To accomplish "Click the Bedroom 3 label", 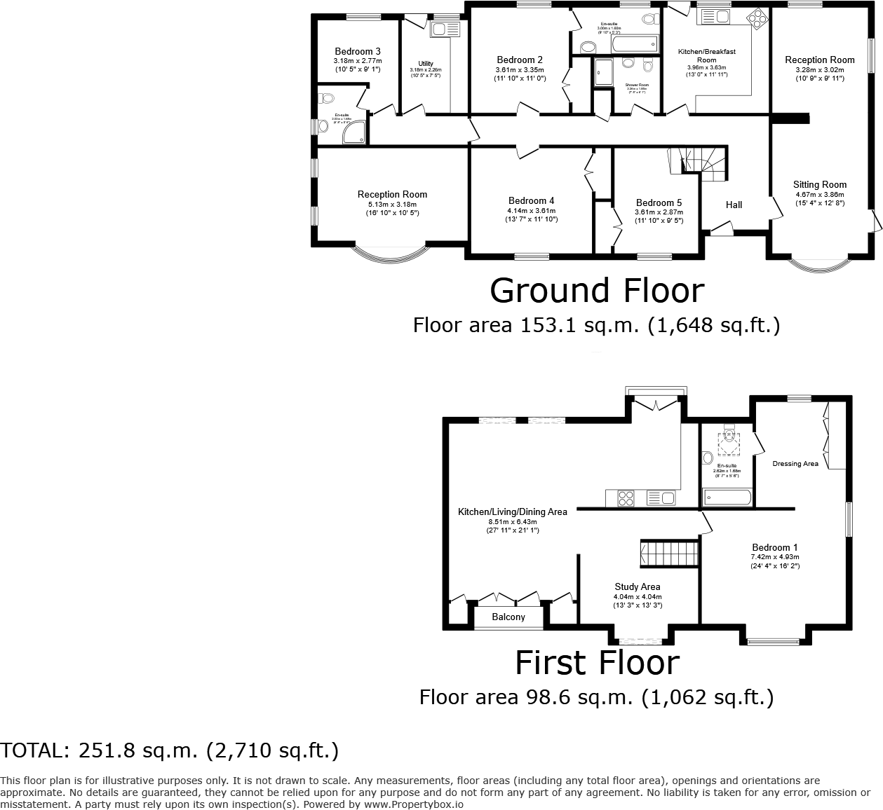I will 358,51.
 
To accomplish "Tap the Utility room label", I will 426,64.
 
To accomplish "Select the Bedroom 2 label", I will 520,60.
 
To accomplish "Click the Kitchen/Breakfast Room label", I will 706,55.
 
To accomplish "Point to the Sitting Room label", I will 820,185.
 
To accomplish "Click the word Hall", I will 734,205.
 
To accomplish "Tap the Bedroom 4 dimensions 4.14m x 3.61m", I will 531,210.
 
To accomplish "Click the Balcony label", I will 508,617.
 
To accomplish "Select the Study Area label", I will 638,586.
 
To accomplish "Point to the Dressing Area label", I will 795,463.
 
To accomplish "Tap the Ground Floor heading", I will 596,290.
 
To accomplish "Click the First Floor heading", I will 597,663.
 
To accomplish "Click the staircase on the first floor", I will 669,554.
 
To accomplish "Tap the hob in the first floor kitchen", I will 626,498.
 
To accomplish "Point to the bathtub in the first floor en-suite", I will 727,497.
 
